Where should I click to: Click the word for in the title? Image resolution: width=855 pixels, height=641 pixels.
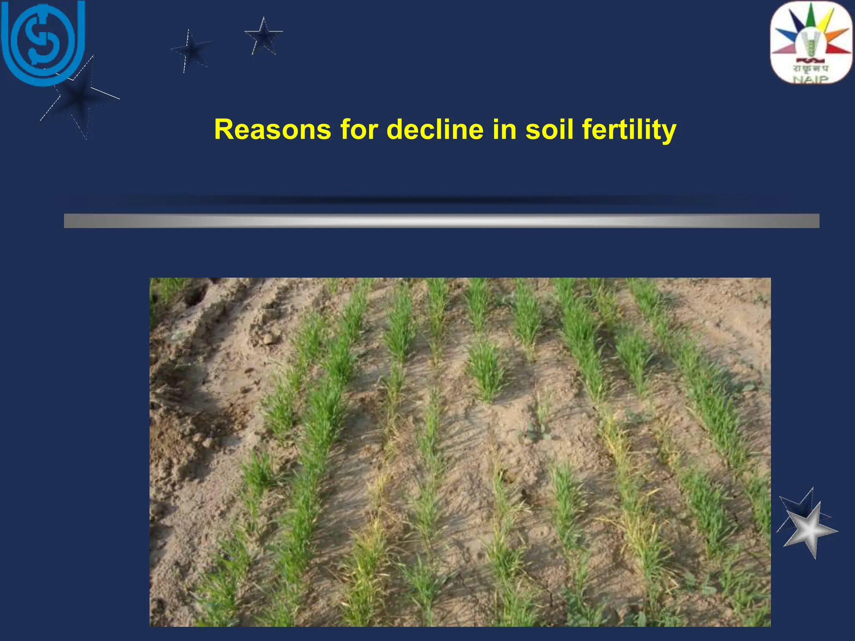click(x=359, y=129)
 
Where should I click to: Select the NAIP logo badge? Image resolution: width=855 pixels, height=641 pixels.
click(x=811, y=43)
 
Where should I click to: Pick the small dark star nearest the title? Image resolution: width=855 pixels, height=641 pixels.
click(x=263, y=37)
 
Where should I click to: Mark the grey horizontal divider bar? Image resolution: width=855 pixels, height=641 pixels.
click(x=441, y=221)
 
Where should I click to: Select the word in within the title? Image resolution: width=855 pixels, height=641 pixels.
click(x=504, y=129)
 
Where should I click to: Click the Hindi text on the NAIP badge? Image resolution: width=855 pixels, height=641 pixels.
click(x=811, y=68)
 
